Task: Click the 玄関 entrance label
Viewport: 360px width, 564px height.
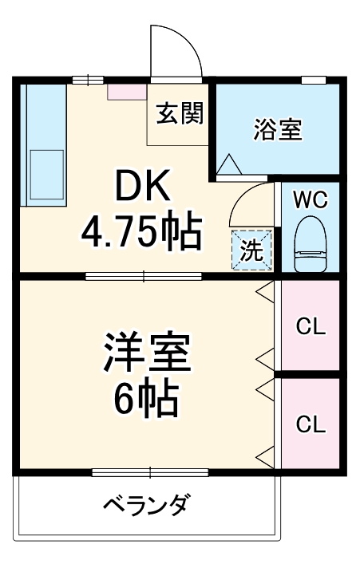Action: point(180,113)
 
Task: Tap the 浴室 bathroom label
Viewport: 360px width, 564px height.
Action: point(278,129)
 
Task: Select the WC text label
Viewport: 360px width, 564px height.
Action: point(311,199)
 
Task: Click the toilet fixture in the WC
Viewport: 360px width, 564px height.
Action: point(311,243)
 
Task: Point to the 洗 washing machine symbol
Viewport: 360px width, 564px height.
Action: point(251,249)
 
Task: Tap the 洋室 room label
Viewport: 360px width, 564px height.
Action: point(147,352)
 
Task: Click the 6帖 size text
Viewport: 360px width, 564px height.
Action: point(146,400)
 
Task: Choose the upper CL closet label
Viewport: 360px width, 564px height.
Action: point(311,326)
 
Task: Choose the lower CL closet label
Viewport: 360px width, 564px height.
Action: point(311,424)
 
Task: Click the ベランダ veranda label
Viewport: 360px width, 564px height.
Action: point(145,504)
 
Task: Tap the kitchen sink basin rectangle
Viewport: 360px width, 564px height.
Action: point(47,175)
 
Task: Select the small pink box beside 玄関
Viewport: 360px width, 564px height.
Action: point(127,92)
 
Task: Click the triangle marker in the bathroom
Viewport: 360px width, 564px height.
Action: point(229,164)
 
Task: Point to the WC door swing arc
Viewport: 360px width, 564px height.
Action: point(245,196)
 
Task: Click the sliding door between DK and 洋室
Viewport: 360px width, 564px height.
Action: point(143,276)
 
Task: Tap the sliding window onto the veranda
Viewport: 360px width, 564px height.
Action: point(150,472)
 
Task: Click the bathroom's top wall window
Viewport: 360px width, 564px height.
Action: point(313,80)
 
